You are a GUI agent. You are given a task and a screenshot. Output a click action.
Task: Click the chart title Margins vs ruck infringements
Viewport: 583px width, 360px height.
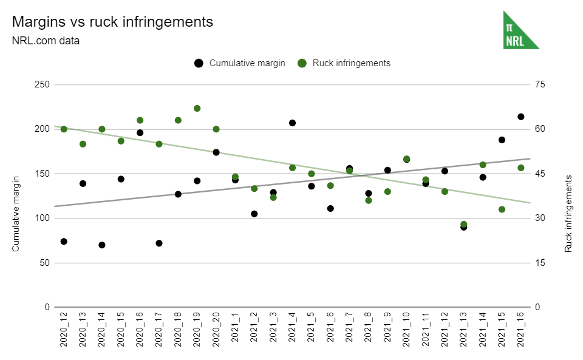tap(112, 22)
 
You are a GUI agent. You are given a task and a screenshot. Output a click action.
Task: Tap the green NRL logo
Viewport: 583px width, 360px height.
tap(520, 30)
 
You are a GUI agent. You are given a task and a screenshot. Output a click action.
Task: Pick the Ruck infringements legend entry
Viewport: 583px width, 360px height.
tap(351, 63)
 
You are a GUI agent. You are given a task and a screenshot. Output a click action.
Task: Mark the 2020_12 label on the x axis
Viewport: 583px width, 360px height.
tap(64, 331)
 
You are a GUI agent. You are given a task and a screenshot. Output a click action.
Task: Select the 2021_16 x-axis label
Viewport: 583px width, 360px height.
tap(521, 331)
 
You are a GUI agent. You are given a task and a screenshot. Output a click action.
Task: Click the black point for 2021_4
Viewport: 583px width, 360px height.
tap(292, 123)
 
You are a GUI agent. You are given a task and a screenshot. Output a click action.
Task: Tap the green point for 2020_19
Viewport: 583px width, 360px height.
tap(197, 109)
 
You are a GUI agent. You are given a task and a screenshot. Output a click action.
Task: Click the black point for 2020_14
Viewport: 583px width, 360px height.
tap(102, 245)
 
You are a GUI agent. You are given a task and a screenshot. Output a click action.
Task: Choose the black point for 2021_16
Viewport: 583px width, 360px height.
tap(521, 117)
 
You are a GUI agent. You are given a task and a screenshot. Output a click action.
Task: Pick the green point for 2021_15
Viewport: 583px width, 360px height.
tap(502, 209)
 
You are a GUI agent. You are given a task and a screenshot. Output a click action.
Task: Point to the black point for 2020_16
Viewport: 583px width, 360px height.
tap(140, 132)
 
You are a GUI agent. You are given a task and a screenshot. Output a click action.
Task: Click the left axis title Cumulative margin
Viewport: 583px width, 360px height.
tap(16, 213)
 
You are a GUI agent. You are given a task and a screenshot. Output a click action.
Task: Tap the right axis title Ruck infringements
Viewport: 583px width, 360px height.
tap(568, 214)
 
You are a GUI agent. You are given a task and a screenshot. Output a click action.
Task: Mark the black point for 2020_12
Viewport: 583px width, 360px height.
tap(64, 242)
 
